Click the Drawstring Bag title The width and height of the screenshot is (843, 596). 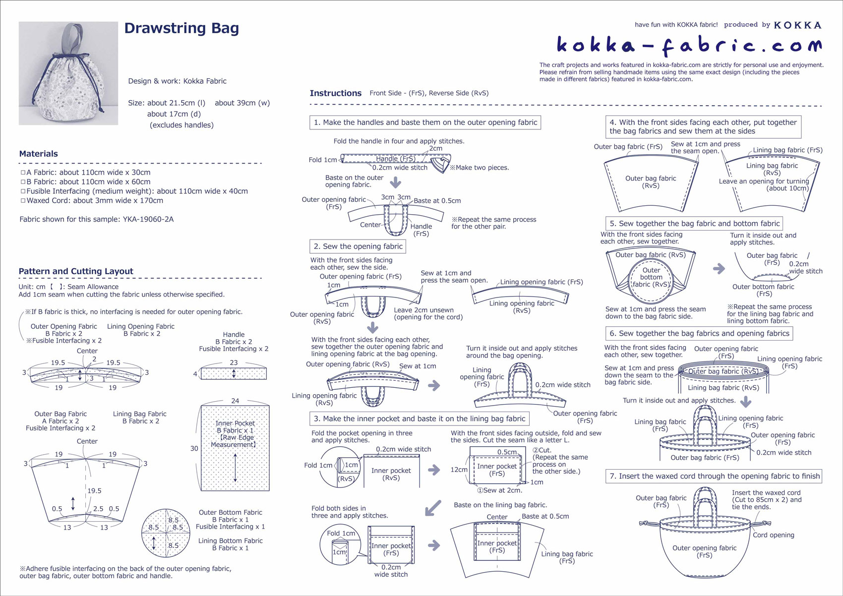[181, 28]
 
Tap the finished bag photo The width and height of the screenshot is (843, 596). [68, 73]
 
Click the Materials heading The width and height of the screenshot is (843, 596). [38, 154]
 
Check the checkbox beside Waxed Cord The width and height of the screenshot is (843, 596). [23, 200]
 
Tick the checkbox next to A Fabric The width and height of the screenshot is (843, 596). [23, 173]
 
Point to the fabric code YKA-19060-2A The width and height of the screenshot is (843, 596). [148, 219]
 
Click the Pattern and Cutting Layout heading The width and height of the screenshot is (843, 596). [76, 271]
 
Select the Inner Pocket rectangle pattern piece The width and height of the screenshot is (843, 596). [235, 448]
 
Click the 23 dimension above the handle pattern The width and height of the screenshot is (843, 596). [234, 362]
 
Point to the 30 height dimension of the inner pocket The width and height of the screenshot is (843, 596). [194, 448]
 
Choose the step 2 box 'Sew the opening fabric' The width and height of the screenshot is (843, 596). [358, 246]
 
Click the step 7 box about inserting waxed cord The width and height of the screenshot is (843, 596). [714, 476]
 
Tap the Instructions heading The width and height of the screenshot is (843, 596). [335, 93]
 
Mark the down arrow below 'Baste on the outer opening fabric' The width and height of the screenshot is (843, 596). [395, 182]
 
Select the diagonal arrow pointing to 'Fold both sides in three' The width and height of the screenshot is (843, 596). [433, 508]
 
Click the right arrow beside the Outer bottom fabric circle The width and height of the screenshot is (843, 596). [719, 269]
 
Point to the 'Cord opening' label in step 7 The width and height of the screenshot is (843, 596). [774, 535]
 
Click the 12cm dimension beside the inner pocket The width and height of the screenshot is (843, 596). [459, 470]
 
